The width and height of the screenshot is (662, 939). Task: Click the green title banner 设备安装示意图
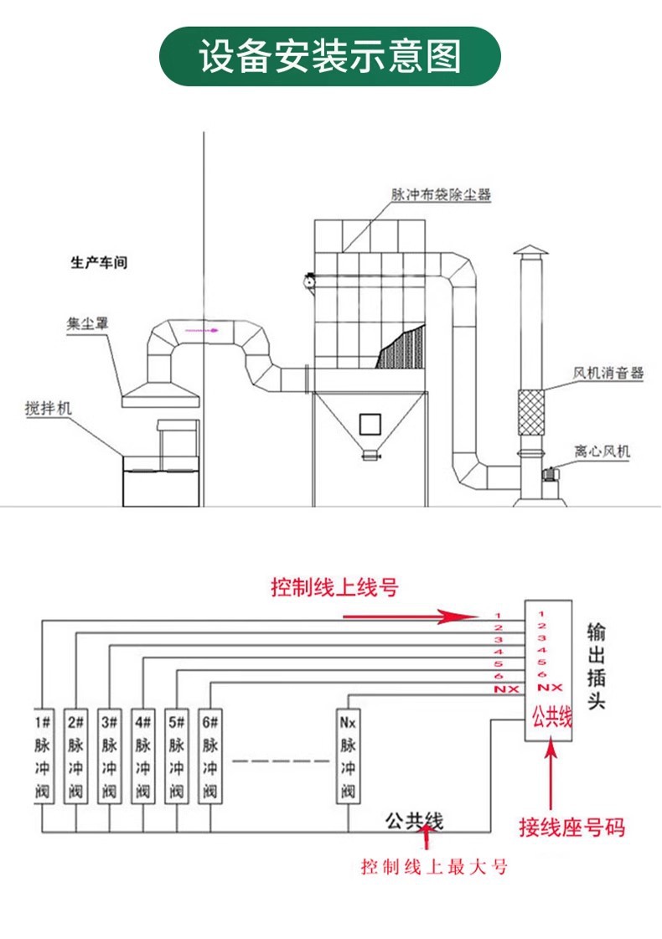click(x=330, y=57)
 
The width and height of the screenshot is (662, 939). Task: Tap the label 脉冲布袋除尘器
click(x=440, y=194)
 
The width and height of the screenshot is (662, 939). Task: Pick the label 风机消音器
click(x=608, y=373)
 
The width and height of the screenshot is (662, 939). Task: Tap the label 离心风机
click(x=602, y=451)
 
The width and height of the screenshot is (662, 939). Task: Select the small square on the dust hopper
click(x=369, y=424)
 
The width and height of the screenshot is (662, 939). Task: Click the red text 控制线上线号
click(x=334, y=587)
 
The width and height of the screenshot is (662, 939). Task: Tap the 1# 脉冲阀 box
click(x=43, y=755)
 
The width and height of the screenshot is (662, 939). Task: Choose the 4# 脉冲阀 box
click(x=142, y=755)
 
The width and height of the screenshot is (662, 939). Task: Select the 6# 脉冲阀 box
click(x=209, y=755)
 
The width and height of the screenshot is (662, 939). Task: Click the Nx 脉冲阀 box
click(x=347, y=755)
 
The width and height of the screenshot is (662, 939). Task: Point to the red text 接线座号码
click(x=571, y=829)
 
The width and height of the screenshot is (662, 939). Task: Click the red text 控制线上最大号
click(x=434, y=867)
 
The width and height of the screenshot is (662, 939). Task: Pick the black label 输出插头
click(x=596, y=665)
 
